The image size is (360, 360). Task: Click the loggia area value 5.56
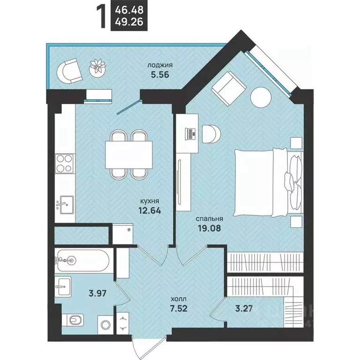(160, 75)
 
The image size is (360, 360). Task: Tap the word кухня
(150, 201)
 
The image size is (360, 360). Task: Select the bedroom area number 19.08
(210, 228)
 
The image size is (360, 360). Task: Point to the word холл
(179, 299)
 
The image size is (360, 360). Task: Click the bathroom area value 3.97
(97, 293)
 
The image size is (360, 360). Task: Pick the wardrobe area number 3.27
(244, 308)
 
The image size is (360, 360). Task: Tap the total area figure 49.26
(129, 22)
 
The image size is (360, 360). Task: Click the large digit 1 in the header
(102, 17)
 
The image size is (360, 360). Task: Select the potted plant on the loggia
(98, 67)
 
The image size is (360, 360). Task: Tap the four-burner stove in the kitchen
(64, 163)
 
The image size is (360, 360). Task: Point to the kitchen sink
(65, 205)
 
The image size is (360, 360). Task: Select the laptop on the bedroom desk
(191, 134)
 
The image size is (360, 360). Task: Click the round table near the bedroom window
(261, 97)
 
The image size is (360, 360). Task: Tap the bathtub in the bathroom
(82, 261)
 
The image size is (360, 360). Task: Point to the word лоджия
(160, 65)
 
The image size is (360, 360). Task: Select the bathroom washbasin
(63, 286)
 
